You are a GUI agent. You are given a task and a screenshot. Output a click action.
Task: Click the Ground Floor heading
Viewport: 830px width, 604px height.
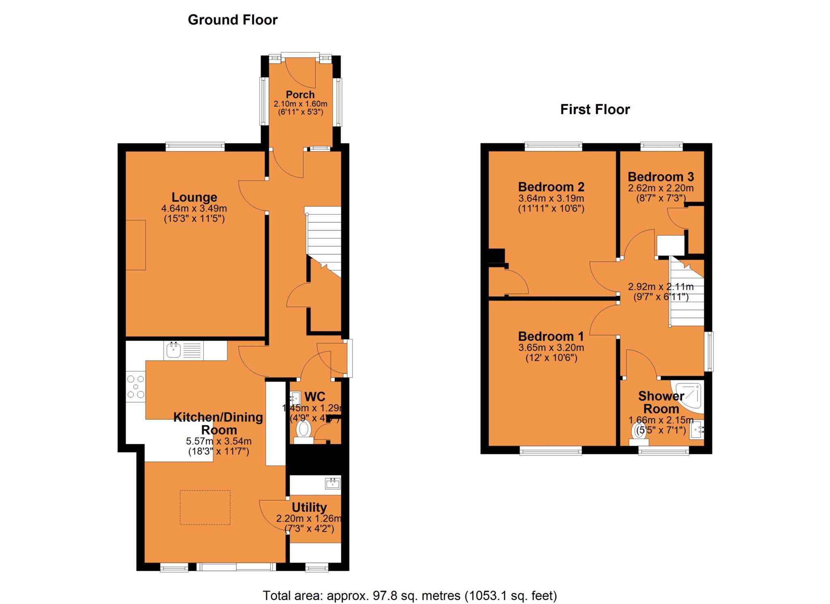coord(233,20)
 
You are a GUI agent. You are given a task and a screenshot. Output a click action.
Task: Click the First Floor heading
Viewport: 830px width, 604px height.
coord(595,110)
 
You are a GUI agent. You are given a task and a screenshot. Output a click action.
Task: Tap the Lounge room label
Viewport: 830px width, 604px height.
coord(194,197)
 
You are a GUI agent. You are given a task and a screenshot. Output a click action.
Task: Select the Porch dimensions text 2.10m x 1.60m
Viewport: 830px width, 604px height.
coord(300,104)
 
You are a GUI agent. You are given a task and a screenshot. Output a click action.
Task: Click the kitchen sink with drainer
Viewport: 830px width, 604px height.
coord(184,350)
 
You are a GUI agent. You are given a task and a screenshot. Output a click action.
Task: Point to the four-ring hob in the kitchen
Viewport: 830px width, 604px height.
coord(136,387)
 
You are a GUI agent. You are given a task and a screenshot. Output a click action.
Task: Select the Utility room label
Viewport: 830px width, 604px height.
coord(309,507)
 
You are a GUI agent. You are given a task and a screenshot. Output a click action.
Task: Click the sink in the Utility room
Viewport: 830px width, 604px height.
coord(332,483)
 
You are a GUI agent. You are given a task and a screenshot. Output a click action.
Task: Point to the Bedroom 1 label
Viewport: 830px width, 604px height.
coord(551,336)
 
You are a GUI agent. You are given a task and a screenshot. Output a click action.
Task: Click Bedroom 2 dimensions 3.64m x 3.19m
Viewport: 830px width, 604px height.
coord(551,199)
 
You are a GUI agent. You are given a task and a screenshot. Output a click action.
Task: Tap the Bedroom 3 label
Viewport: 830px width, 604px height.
coord(661,177)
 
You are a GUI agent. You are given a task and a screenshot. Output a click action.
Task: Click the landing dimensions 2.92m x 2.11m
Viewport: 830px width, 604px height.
coord(661,287)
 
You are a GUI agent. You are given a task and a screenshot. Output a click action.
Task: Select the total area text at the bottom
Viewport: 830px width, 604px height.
coord(410,595)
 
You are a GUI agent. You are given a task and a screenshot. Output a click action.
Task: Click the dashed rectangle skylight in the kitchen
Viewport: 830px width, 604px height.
coord(205,507)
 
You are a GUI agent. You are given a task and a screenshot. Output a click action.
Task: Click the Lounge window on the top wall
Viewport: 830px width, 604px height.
coord(195,146)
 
